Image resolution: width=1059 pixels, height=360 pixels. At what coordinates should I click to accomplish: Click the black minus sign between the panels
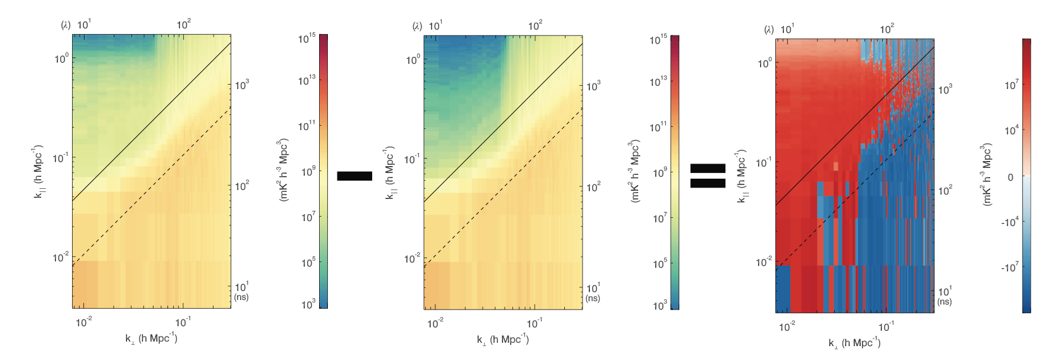point(354,176)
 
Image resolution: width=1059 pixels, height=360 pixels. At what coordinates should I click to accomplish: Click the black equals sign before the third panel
point(707,176)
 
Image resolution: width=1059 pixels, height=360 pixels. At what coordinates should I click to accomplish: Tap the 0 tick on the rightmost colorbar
point(1010,177)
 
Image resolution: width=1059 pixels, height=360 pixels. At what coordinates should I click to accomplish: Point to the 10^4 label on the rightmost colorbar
point(1011,130)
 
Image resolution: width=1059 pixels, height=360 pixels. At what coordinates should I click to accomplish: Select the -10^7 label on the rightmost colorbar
point(1009,267)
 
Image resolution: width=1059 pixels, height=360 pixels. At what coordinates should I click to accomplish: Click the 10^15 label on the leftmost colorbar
point(307,39)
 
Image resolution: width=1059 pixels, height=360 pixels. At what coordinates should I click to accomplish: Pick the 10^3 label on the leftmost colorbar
point(308,304)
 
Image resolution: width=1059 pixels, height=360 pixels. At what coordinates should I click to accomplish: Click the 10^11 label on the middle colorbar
point(659,127)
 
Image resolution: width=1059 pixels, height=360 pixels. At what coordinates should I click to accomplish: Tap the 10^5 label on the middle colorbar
point(660,263)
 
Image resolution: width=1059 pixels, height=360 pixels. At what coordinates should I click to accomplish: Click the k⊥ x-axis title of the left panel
point(151,339)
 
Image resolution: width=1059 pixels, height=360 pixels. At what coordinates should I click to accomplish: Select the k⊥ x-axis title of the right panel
point(854,343)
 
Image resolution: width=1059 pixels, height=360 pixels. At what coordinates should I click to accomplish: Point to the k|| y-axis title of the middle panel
point(389,174)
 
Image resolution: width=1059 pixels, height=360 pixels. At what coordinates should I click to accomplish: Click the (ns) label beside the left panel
point(241,297)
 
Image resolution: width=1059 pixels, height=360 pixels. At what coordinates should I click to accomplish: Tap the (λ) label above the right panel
point(768,30)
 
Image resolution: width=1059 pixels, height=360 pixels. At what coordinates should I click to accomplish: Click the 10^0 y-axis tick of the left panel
point(61,59)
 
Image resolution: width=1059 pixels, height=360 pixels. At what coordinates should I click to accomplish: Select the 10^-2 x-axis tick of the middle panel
point(435,323)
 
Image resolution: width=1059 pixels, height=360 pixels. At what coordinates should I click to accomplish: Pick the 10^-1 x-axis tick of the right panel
point(886,327)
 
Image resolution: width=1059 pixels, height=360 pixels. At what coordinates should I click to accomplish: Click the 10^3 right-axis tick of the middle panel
point(593,85)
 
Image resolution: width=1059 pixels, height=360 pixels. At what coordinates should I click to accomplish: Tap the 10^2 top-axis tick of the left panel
point(183,25)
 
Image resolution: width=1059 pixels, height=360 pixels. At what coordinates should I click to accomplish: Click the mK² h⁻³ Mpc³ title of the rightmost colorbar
point(986,174)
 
